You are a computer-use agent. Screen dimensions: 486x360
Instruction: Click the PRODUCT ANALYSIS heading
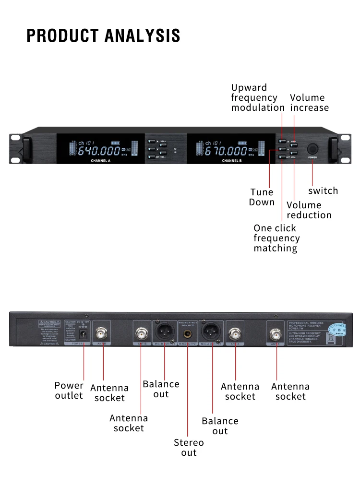(x=103, y=36)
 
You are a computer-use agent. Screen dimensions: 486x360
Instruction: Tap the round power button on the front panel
(x=312, y=148)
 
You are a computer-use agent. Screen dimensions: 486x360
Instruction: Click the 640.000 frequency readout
(x=99, y=152)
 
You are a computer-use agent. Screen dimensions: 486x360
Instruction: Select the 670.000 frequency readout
(x=227, y=152)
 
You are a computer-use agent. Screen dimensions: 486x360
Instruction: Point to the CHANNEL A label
(x=101, y=161)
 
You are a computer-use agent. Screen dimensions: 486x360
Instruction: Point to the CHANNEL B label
(x=232, y=161)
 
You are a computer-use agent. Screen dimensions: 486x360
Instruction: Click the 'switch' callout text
(x=323, y=191)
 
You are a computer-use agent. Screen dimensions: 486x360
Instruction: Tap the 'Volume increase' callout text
(x=310, y=103)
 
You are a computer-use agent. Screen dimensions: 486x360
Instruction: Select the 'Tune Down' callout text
(x=262, y=197)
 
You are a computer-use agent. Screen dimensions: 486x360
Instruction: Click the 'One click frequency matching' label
(x=276, y=238)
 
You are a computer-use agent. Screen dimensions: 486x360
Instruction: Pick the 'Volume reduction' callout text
(x=309, y=210)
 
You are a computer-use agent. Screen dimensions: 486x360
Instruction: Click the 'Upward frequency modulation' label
(x=258, y=97)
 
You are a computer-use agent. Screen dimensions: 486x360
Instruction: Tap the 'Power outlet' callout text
(x=69, y=391)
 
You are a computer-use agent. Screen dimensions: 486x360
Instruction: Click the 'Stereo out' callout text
(x=189, y=448)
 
